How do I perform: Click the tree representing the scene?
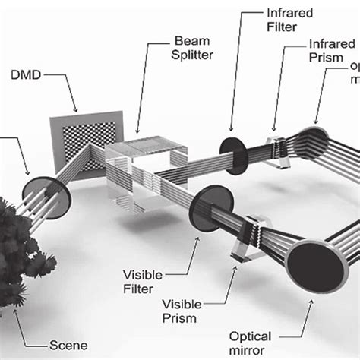click(x=17, y=251)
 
